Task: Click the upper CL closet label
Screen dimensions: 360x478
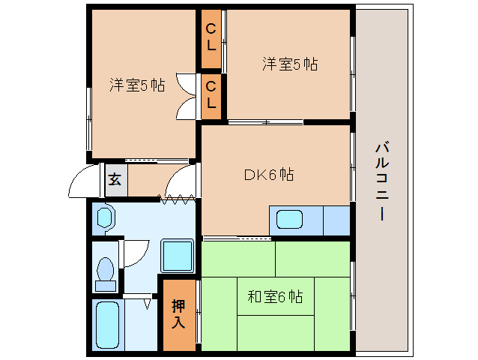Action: (x=211, y=37)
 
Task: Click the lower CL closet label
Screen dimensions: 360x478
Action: (x=211, y=93)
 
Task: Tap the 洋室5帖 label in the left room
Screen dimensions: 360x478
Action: (x=137, y=85)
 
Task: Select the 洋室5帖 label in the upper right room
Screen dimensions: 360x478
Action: (x=290, y=64)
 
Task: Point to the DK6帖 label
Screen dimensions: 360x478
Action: (x=268, y=175)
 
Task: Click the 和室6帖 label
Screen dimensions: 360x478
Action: (x=275, y=297)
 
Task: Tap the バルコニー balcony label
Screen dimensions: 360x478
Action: (x=381, y=180)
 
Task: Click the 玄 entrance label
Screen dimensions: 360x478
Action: (x=115, y=180)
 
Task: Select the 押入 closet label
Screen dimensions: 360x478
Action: (x=179, y=313)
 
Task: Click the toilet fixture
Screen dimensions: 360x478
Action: (x=105, y=271)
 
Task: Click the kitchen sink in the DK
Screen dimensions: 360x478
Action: (x=290, y=220)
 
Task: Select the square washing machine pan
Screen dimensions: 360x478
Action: (x=178, y=256)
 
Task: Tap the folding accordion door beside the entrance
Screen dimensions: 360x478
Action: (x=178, y=199)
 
